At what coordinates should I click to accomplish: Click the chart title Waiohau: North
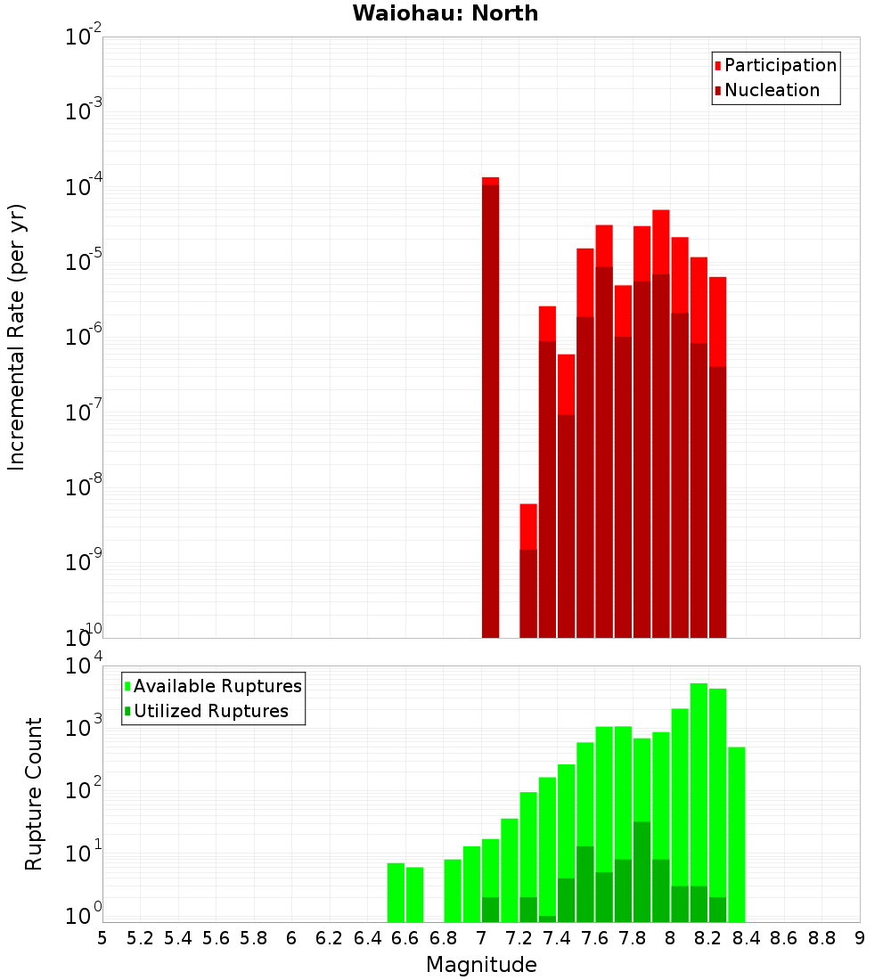click(445, 13)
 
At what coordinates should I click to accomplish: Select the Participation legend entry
click(780, 65)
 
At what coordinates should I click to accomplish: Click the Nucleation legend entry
click(771, 90)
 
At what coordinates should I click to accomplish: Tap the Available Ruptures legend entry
click(217, 686)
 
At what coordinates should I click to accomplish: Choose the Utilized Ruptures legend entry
click(210, 711)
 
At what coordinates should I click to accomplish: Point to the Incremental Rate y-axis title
click(17, 337)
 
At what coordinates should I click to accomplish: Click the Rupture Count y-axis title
click(34, 793)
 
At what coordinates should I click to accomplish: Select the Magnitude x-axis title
click(481, 964)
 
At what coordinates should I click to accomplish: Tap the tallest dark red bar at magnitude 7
click(490, 410)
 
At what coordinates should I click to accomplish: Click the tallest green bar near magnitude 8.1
click(699, 802)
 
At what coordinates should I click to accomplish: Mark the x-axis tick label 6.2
click(330, 938)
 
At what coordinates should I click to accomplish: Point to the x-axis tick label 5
click(102, 938)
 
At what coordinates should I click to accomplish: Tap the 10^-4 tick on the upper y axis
click(83, 187)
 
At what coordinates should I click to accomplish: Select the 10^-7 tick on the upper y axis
click(83, 412)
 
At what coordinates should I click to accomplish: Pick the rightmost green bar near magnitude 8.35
click(736, 834)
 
